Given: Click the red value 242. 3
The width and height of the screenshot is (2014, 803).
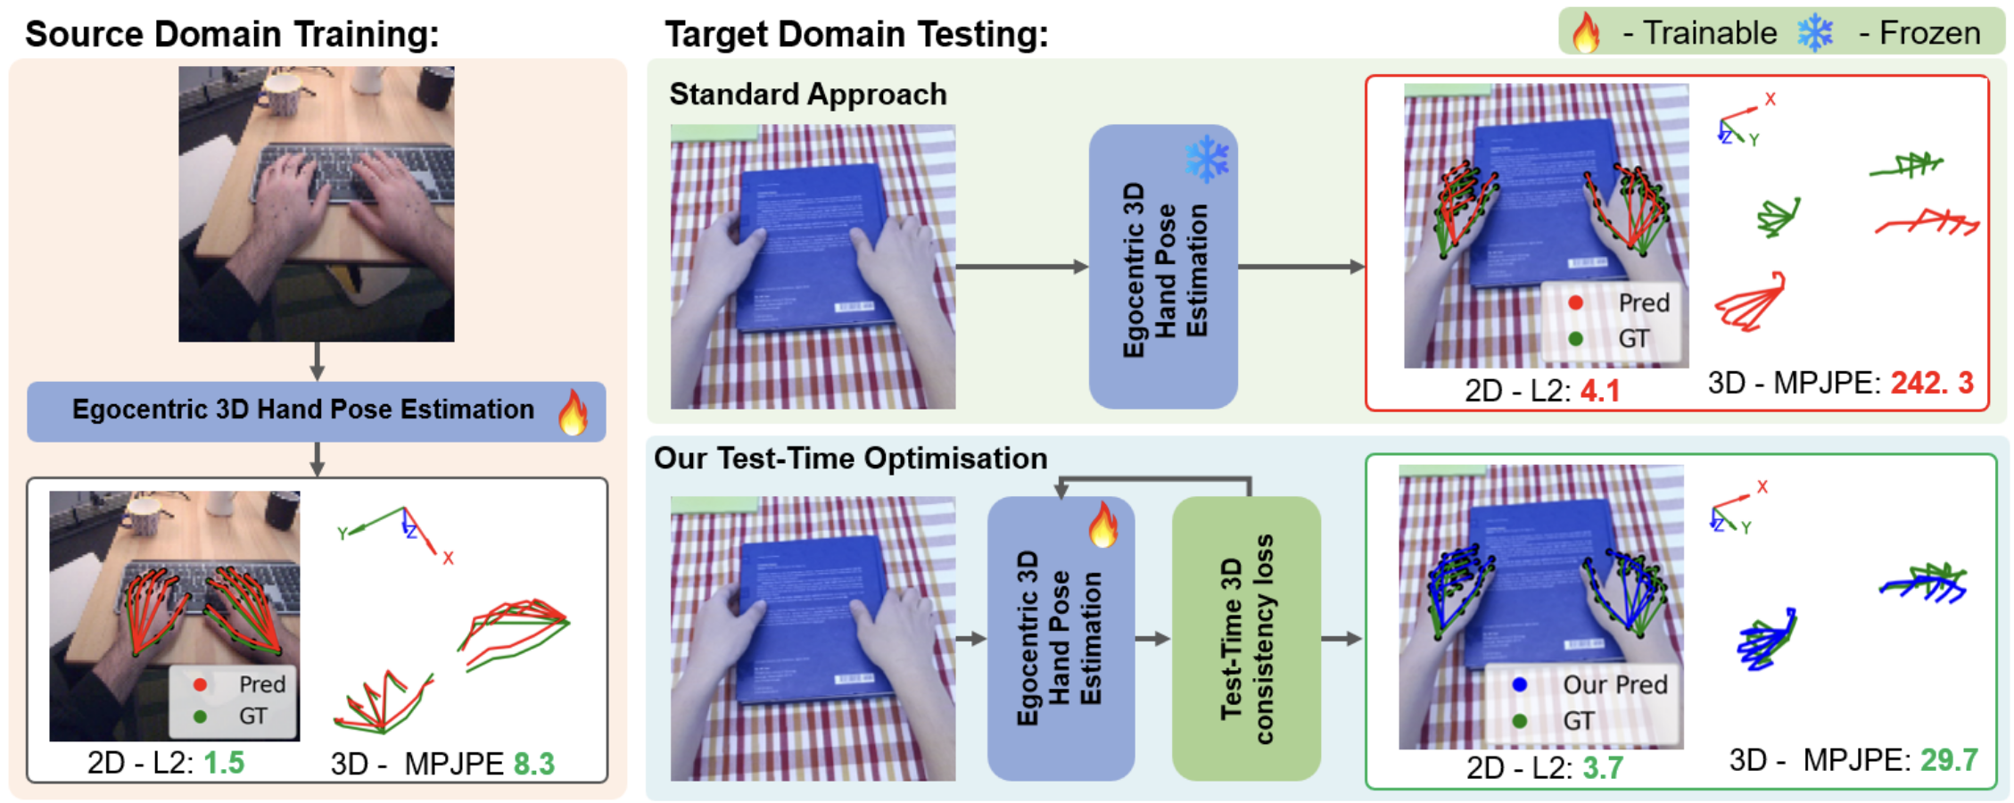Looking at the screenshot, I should point(1932,383).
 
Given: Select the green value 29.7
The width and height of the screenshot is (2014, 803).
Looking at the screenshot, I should point(1949,760).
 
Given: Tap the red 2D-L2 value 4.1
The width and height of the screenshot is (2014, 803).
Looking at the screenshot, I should point(1600,391).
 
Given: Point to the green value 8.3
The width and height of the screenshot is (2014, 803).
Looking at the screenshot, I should point(534,764).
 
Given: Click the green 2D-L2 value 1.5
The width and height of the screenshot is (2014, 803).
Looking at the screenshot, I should point(224,763).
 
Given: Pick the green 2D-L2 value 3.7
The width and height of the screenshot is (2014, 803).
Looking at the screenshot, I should point(1603,767).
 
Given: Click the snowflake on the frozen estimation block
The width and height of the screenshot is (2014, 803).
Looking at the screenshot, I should point(1208,159).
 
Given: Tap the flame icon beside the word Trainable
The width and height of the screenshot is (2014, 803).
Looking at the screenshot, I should point(1586,34).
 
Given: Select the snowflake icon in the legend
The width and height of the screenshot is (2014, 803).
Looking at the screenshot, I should point(1815,34).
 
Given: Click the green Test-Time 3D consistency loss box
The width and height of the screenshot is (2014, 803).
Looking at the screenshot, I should point(1246,638).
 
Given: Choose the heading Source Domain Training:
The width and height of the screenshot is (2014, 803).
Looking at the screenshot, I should point(232,34).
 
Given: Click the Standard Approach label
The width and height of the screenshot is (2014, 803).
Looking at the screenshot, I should point(808,95).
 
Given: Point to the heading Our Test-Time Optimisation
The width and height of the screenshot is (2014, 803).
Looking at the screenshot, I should point(850,458).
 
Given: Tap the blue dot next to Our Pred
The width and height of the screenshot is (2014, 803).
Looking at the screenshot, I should point(1520,684).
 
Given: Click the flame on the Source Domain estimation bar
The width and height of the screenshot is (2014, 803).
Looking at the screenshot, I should point(574,411).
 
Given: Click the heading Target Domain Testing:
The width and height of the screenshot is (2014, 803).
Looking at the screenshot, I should point(856,34).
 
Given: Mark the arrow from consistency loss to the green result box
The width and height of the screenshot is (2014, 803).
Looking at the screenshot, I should point(1341,639).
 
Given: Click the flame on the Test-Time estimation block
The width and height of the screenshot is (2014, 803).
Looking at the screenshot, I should point(1103,524).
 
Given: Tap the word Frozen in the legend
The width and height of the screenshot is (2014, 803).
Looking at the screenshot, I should point(1930,34).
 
